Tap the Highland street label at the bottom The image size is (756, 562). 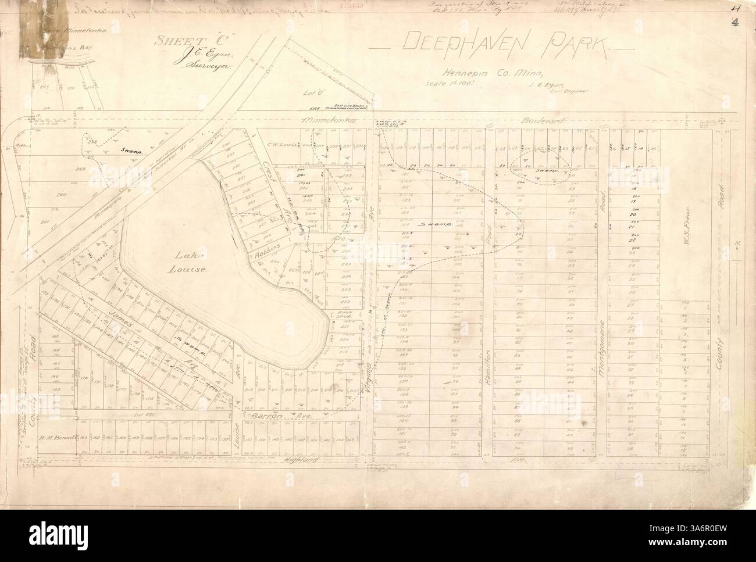click(x=302, y=460)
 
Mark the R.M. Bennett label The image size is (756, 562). click(x=58, y=436)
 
